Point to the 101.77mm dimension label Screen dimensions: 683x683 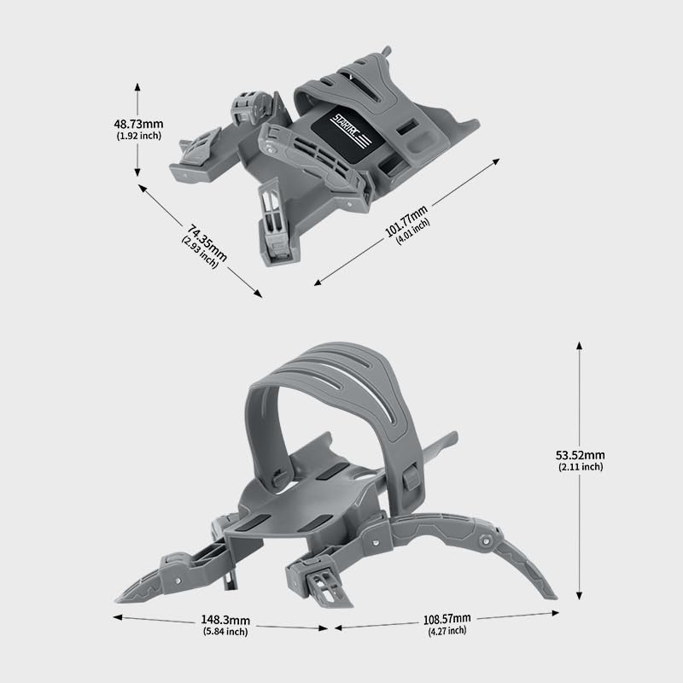pyautogui.click(x=406, y=219)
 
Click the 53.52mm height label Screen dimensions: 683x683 pyautogui.click(x=581, y=455)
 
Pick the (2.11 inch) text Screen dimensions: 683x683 pyautogui.click(x=581, y=467)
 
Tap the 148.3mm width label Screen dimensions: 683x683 pyautogui.click(x=226, y=620)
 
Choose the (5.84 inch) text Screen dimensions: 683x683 pyautogui.click(x=226, y=632)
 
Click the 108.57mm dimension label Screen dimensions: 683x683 pyautogui.click(x=447, y=618)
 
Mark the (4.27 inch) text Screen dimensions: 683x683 pyautogui.click(x=447, y=631)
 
